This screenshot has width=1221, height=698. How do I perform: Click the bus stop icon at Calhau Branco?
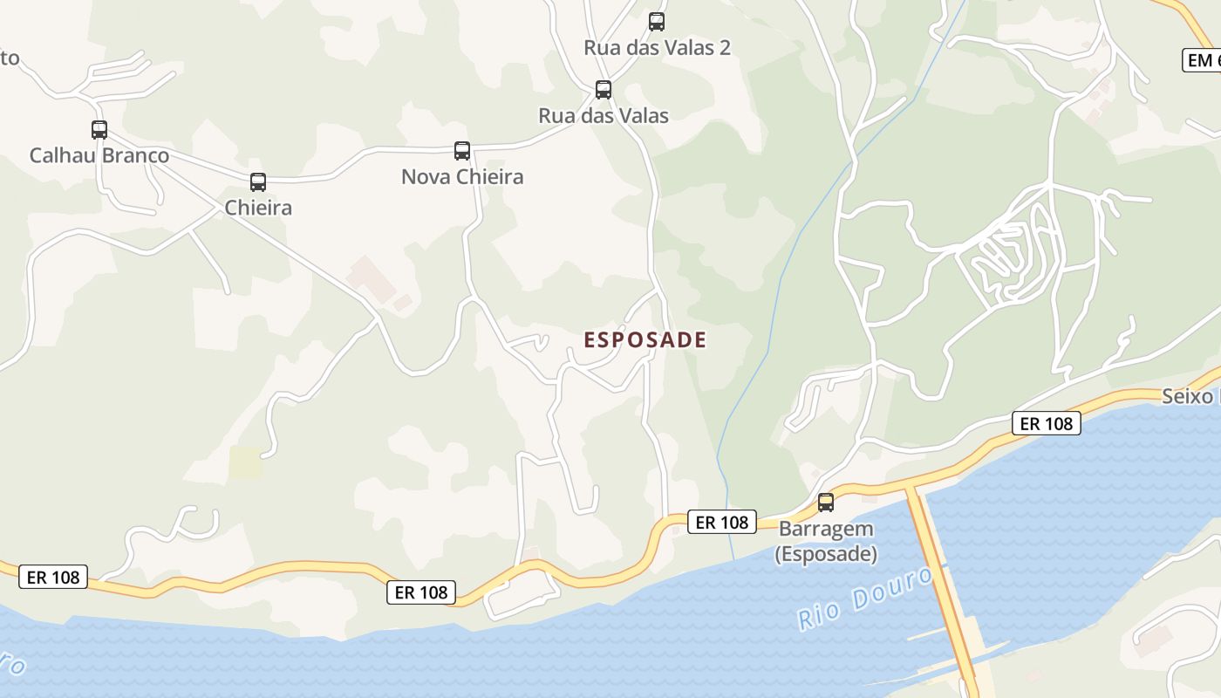pyautogui.click(x=99, y=130)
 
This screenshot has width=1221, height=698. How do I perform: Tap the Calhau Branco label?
pyautogui.click(x=99, y=156)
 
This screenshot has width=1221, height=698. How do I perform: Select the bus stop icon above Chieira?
pyautogui.click(x=258, y=182)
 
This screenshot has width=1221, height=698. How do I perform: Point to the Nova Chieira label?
pyautogui.click(x=462, y=177)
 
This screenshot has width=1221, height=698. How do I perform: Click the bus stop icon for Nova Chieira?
pyautogui.click(x=462, y=151)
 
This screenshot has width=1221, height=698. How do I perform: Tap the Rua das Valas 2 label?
pyautogui.click(x=657, y=48)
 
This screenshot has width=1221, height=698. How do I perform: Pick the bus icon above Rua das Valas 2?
pyautogui.click(x=657, y=22)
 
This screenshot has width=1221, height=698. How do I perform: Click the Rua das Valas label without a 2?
pyautogui.click(x=604, y=116)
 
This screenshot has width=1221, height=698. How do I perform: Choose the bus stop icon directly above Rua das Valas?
pyautogui.click(x=604, y=90)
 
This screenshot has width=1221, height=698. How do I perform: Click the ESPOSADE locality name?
pyautogui.click(x=645, y=340)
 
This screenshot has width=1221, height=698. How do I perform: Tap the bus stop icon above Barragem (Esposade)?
pyautogui.click(x=826, y=503)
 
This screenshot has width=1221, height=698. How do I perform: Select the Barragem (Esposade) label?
pyautogui.click(x=826, y=542)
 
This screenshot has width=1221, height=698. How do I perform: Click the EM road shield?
pyautogui.click(x=1202, y=60)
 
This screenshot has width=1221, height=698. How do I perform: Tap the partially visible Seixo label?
pyautogui.click(x=1191, y=397)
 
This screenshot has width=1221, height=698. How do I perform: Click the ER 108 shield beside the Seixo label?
pyautogui.click(x=1047, y=424)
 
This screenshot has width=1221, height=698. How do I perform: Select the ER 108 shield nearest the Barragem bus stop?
pyautogui.click(x=722, y=523)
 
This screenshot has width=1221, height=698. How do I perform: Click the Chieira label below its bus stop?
pyautogui.click(x=258, y=209)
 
